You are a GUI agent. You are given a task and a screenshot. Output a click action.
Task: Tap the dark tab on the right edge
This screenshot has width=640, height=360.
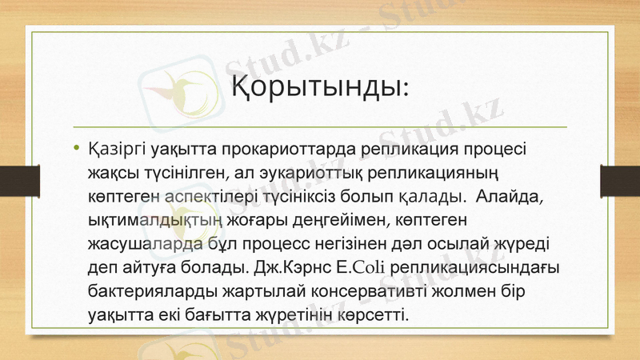[620, 179]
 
